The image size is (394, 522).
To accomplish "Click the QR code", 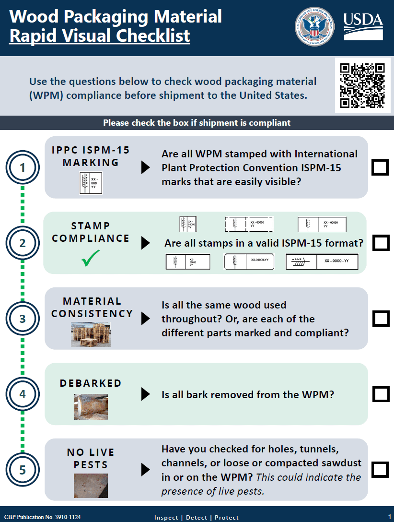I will coord(362,85).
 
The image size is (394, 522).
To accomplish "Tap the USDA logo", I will coord(363,26).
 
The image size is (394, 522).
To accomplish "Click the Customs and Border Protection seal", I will coord(314,27).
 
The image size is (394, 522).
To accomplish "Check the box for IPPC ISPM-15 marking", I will coord(380,167).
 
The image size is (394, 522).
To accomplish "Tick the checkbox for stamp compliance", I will coord(381,243).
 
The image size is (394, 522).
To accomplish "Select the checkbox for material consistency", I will coord(381,319).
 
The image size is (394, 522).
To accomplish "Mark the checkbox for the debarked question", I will coord(381,394).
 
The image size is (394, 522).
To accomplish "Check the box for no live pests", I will coord(380,470).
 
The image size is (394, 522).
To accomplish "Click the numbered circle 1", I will coord(23,168).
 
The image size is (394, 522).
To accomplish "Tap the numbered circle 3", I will coord(23,319).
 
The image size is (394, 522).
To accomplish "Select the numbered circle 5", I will coord(23,470).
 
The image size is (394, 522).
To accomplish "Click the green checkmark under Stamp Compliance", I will coord(91,260).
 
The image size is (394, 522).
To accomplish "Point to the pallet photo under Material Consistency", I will coord(91,334).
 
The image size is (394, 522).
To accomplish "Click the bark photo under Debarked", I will coord(91,406).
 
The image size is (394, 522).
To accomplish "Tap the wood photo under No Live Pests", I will coord(91,486).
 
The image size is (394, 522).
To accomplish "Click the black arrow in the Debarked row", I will coord(145,394).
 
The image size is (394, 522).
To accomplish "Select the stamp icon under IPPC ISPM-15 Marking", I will coord(91,183).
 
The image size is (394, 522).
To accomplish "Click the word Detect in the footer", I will coord(197,517).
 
